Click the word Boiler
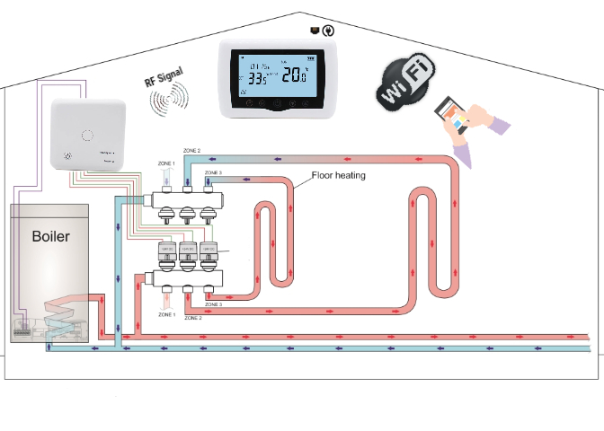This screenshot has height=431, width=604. point(50,237)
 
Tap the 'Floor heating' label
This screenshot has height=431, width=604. point(338,175)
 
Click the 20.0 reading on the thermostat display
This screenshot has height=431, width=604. point(295,76)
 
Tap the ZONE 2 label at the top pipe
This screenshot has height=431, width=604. point(192,149)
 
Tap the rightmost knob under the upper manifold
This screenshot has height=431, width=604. point(209,214)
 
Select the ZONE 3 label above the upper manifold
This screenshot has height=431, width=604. point(213,172)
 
